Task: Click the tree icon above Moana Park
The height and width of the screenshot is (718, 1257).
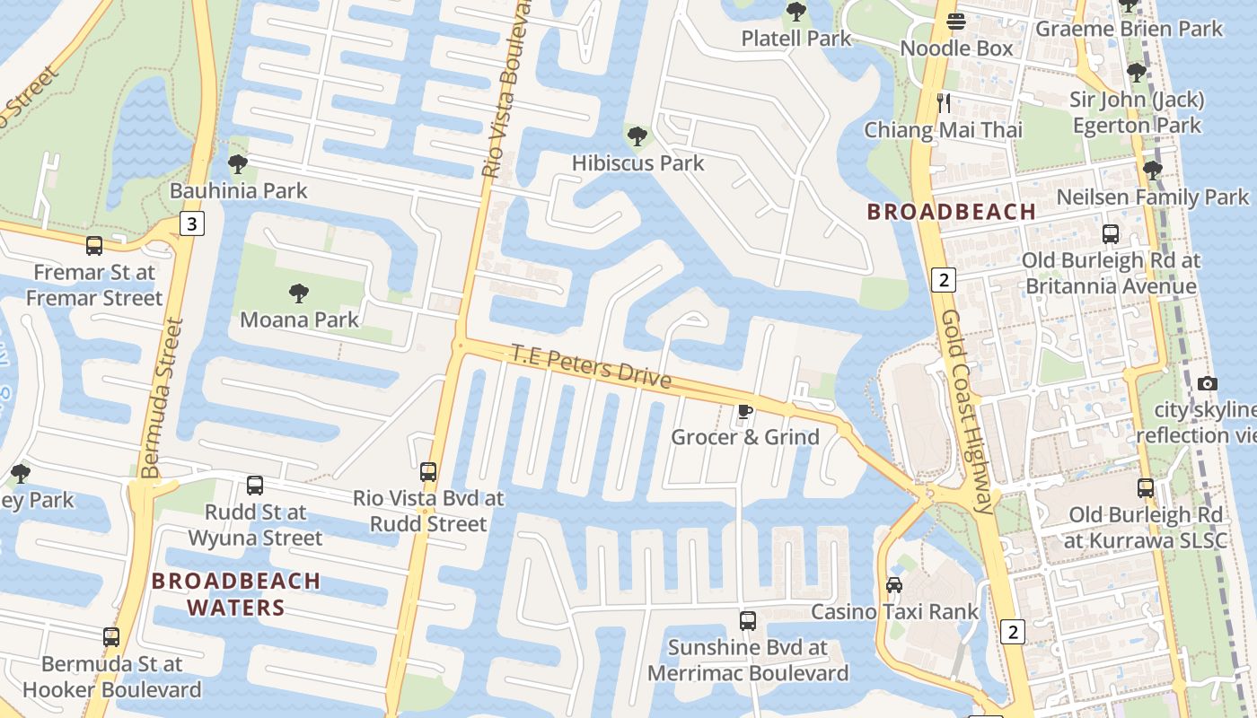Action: tap(299, 293)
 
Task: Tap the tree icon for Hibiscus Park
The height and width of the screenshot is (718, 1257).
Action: tap(637, 136)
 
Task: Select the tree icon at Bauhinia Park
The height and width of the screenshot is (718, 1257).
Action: tap(238, 164)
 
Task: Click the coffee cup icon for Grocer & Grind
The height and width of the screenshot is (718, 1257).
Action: tap(744, 411)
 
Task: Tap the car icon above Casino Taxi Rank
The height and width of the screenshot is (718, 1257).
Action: tap(893, 585)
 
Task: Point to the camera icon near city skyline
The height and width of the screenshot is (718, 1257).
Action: tap(1208, 384)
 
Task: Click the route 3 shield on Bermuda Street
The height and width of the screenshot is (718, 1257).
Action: tap(191, 223)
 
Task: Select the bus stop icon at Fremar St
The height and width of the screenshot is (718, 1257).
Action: tap(94, 246)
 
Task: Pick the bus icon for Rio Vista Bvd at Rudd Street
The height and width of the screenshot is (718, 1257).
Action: tap(428, 471)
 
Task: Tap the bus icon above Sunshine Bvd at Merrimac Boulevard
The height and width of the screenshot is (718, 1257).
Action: tap(747, 620)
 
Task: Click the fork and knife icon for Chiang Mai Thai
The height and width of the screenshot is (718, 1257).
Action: tap(943, 103)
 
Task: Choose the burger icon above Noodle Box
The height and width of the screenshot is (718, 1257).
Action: tap(956, 22)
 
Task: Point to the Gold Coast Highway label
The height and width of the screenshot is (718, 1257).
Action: tap(967, 413)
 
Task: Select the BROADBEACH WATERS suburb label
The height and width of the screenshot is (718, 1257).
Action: tap(236, 594)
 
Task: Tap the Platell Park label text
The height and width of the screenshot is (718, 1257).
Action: tap(796, 39)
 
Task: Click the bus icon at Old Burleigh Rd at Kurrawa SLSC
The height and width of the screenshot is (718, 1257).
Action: tap(1146, 488)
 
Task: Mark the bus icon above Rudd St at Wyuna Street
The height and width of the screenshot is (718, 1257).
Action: tap(255, 486)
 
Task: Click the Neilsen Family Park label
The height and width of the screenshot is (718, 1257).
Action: tap(1152, 197)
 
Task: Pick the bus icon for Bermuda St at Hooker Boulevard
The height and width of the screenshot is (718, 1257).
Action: tap(111, 636)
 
